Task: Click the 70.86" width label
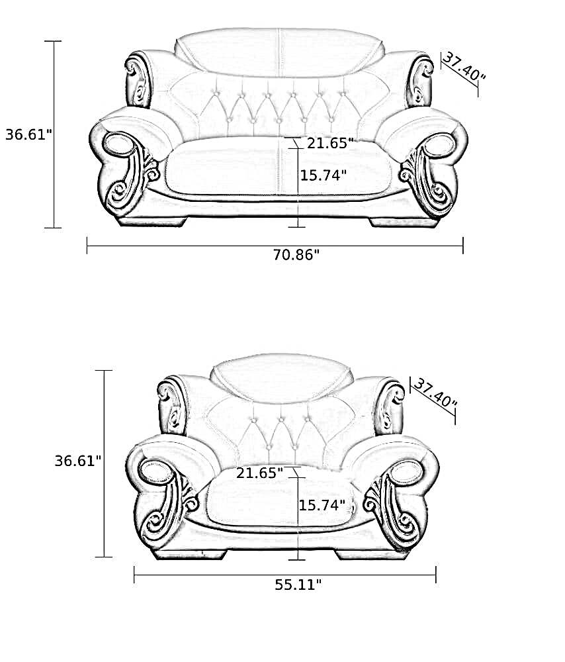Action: click(x=296, y=255)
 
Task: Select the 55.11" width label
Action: click(x=298, y=585)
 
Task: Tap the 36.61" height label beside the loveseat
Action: click(x=28, y=134)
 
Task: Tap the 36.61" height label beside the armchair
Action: click(x=78, y=461)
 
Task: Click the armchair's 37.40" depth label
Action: click(x=435, y=393)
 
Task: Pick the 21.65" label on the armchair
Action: click(x=259, y=473)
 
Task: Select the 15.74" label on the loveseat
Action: click(x=324, y=175)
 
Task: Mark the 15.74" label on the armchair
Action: click(x=322, y=504)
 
